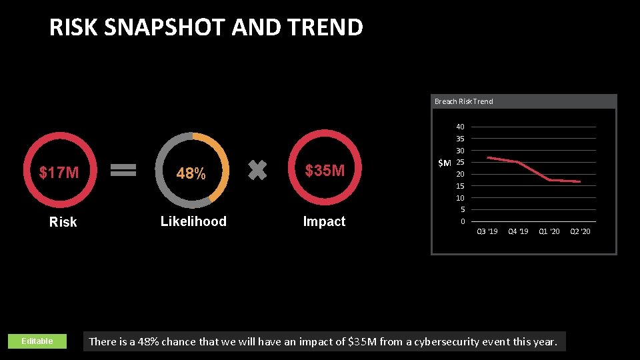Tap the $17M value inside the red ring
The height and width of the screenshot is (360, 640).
pos(59,173)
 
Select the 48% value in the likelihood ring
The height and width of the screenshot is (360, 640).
pos(191,174)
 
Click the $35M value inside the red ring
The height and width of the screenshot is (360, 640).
pos(325,171)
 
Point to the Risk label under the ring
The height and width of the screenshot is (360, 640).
pos(63,222)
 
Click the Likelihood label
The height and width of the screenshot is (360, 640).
pos(193,221)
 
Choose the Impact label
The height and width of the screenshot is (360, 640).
pos(324,221)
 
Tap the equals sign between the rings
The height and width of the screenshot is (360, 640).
pos(123,171)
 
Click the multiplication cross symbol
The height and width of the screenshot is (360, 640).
pos(257,170)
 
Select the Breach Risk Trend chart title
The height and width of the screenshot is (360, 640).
pos(464,101)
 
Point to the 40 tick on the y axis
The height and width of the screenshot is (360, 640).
pos(460,127)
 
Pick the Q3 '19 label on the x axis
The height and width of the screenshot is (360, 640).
pos(487,231)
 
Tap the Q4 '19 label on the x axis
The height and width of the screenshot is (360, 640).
pos(518,231)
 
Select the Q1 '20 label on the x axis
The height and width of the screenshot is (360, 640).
pos(549,231)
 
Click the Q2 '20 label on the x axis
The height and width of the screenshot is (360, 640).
pos(580,231)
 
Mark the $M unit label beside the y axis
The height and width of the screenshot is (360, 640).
pos(444,163)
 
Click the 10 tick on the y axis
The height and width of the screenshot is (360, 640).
pos(460,198)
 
